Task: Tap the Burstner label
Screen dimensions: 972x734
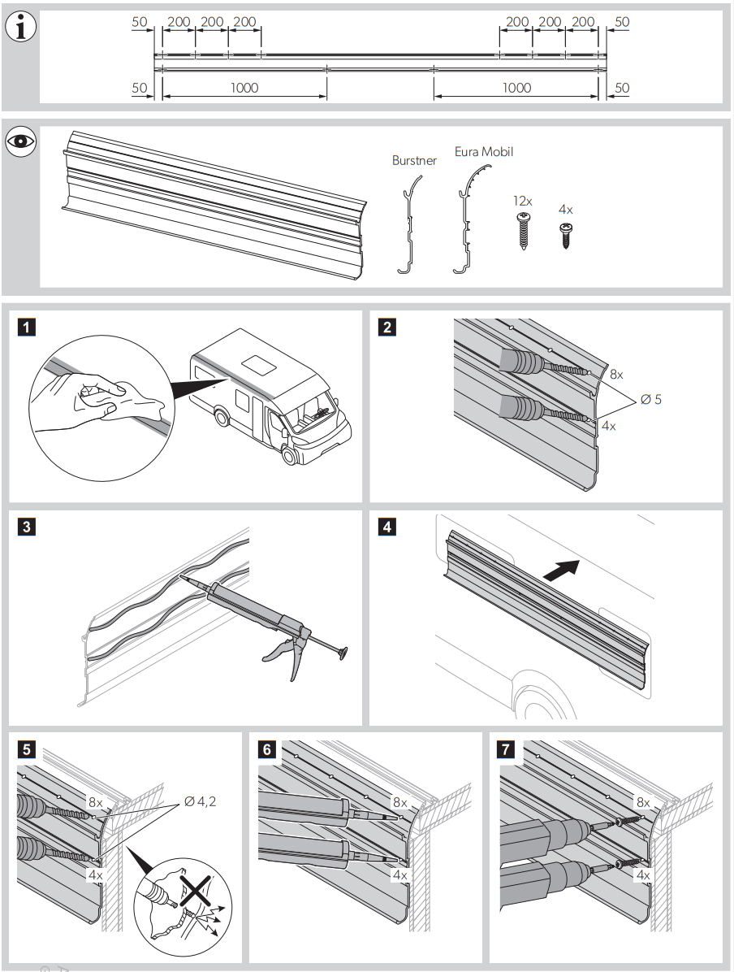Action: (x=414, y=161)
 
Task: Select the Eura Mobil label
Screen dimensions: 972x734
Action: (x=484, y=152)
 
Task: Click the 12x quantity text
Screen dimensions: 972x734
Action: (x=522, y=201)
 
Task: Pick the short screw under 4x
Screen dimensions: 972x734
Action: (x=566, y=231)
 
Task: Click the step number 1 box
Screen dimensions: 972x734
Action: (x=27, y=328)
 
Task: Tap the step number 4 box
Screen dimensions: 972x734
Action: (x=387, y=527)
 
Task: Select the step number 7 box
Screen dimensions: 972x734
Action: (x=507, y=749)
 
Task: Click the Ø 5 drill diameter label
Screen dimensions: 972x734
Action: (x=652, y=399)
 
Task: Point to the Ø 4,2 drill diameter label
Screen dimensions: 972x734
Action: (x=201, y=801)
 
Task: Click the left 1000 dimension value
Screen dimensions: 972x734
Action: (x=244, y=88)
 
